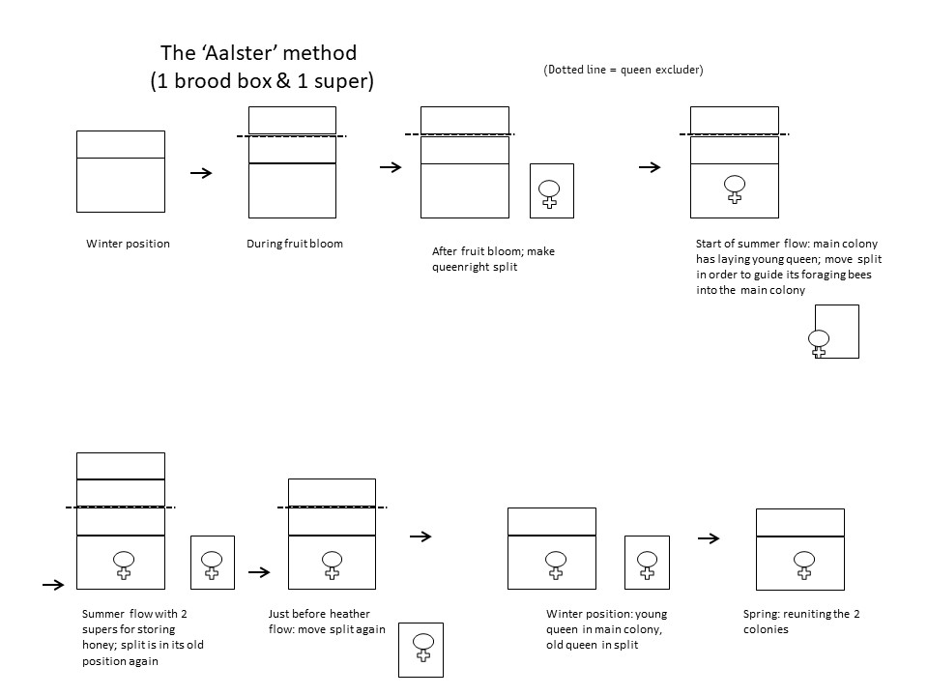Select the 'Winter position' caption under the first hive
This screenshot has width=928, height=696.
[x=128, y=244]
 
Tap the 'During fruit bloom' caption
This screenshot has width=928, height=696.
[x=295, y=244]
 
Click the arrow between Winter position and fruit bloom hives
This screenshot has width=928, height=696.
[x=201, y=173]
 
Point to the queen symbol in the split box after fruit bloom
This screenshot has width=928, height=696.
[x=550, y=193]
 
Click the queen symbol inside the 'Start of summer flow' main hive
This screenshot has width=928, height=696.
[x=735, y=189]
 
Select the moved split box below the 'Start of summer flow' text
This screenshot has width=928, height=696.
[x=837, y=332]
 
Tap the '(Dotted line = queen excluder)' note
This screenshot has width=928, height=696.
[x=623, y=70]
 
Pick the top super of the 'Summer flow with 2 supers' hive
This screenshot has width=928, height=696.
[x=121, y=466]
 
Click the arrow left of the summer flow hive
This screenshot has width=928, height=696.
[x=53, y=585]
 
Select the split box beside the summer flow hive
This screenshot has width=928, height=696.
[x=213, y=563]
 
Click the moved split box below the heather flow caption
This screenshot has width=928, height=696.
[x=420, y=650]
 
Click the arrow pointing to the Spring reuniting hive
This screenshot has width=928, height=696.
[x=709, y=538]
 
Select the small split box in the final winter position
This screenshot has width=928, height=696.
[x=647, y=563]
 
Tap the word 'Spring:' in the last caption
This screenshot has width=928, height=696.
[x=761, y=615]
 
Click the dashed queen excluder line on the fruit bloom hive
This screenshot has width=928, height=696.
[x=292, y=136]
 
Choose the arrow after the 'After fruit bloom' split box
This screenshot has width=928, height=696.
[x=650, y=167]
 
